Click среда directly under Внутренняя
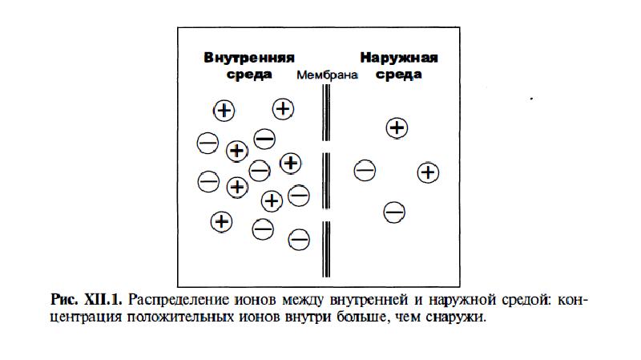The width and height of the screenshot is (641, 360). point(249,74)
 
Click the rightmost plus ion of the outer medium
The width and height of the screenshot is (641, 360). point(429,172)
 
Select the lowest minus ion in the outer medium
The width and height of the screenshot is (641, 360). point(393,212)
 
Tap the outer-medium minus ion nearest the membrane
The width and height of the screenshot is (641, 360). point(365,170)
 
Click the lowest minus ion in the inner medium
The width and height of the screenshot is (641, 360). point(299,238)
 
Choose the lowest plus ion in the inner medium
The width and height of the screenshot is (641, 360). point(221,220)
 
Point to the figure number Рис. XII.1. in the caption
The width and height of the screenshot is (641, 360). point(86,301)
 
